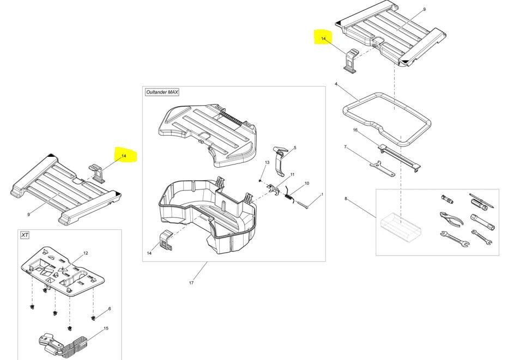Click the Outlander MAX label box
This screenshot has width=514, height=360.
(x=162, y=92)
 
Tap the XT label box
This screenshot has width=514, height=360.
(x=25, y=235)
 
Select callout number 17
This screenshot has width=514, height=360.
(x=191, y=283)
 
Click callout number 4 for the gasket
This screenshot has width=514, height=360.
(x=336, y=84)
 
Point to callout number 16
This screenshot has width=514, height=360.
(x=355, y=130)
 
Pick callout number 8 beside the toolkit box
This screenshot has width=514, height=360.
(x=346, y=199)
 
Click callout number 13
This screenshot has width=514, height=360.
(x=267, y=163)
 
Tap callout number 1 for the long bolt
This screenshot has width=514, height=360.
(x=322, y=194)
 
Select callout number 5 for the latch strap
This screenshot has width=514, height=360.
(x=295, y=148)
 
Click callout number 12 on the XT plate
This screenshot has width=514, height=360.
(x=86, y=254)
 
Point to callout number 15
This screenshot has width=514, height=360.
(x=106, y=328)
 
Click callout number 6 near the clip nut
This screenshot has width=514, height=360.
(x=109, y=309)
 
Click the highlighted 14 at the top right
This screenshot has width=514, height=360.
(x=323, y=39)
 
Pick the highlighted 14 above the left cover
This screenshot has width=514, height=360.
(x=124, y=156)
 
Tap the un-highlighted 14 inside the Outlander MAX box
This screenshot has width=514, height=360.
(x=149, y=253)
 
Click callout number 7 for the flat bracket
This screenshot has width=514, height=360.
(x=345, y=147)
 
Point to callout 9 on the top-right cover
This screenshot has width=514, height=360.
(x=424, y=10)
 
